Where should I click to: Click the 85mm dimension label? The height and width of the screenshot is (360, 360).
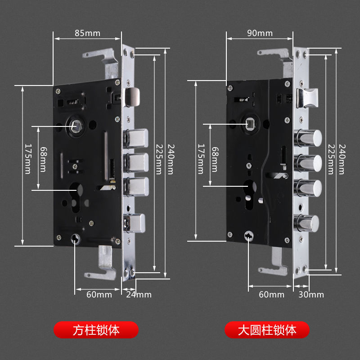pyautogui.click(x=87, y=33)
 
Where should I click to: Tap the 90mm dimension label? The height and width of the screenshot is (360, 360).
pyautogui.click(x=260, y=33)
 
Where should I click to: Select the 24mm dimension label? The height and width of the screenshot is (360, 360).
pyautogui.click(x=139, y=295)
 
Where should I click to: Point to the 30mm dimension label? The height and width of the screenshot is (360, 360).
pyautogui.click(x=311, y=295)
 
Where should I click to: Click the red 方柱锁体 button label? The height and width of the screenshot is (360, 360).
pyautogui.click(x=96, y=330)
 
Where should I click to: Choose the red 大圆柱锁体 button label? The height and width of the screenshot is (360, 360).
pyautogui.click(x=267, y=330)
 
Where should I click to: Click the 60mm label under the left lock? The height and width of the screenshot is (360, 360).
pyautogui.click(x=99, y=295)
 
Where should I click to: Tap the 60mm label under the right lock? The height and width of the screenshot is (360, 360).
pyautogui.click(x=272, y=295)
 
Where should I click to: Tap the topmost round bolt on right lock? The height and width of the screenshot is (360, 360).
pyautogui.click(x=309, y=138)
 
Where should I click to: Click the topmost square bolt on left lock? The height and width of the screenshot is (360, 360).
pyautogui.click(x=137, y=138)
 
